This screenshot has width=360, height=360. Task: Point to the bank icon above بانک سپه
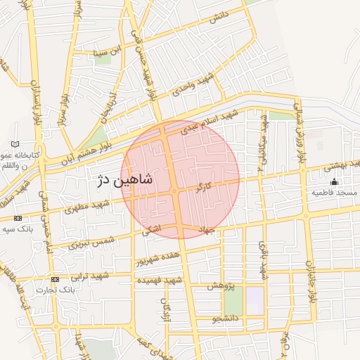pyautogui.click(x=18, y=218)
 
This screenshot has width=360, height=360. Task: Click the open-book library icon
pyautogui.click(x=15, y=144)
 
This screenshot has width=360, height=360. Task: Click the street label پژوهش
pyautogui.click(x=220, y=286)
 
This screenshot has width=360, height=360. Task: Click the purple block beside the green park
pyautogui.click(x=255, y=301)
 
